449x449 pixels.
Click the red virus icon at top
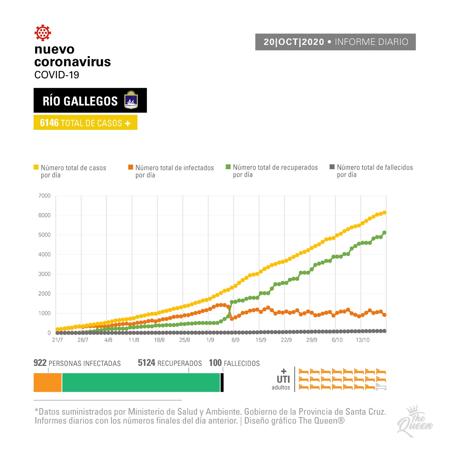(43, 33)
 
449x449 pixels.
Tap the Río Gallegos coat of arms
(131, 100)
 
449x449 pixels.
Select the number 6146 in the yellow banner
(49, 123)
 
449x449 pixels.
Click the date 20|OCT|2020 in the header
(294, 42)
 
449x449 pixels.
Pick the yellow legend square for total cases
(36, 167)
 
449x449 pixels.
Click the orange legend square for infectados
(130, 167)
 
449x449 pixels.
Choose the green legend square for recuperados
(228, 167)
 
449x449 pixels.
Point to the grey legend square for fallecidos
(332, 167)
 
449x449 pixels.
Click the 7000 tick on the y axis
(45, 196)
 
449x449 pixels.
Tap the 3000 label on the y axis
(45, 274)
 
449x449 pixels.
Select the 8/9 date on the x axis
(235, 340)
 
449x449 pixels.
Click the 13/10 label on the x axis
(363, 340)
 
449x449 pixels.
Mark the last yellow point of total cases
(384, 213)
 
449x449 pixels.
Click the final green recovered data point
(384, 233)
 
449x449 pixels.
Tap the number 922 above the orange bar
(40, 363)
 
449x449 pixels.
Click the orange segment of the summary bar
(48, 382)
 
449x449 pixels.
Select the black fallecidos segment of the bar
(222, 382)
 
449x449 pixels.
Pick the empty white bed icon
(381, 387)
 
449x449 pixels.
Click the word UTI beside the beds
(283, 379)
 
